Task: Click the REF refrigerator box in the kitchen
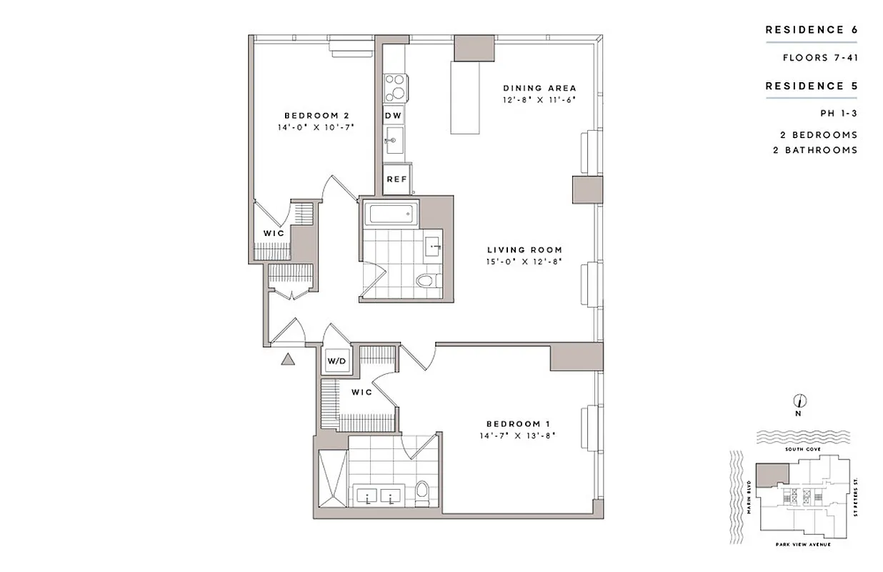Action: [396, 179]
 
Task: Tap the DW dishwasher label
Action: [394, 115]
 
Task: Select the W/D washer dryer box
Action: [336, 361]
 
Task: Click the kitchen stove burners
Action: [395, 89]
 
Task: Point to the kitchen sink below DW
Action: [394, 141]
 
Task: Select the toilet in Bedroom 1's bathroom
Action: [421, 492]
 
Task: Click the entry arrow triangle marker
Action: [288, 360]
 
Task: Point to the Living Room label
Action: [524, 250]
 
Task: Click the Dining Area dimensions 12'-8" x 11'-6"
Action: [539, 99]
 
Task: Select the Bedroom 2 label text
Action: [316, 115]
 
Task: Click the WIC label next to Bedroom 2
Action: [274, 234]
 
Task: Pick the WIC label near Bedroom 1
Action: [361, 393]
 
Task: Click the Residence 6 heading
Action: [811, 30]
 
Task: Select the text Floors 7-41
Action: [819, 57]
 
